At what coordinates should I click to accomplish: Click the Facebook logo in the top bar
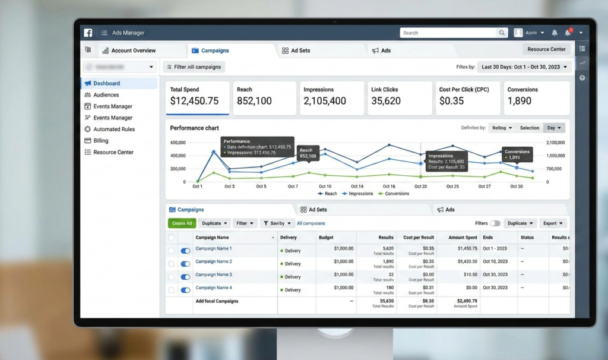[x=88, y=33]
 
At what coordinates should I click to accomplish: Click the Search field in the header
[x=451, y=33]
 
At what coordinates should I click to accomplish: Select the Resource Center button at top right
[x=546, y=49]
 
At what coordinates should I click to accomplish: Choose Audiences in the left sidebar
[x=106, y=95]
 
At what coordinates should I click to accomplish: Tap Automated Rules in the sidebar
[x=114, y=130]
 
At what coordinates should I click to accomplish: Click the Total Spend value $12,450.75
[x=194, y=102]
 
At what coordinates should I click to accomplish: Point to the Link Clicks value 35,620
[x=386, y=102]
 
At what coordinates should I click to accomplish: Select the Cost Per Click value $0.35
[x=451, y=102]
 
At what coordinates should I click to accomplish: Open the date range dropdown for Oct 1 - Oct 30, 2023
[x=524, y=67]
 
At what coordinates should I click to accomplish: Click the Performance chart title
[x=194, y=128]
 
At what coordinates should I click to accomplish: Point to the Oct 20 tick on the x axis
[x=420, y=187]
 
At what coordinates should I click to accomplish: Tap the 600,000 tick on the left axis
[x=178, y=143]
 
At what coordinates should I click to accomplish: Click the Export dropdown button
[x=553, y=223]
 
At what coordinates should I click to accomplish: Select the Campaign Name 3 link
[x=214, y=275]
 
